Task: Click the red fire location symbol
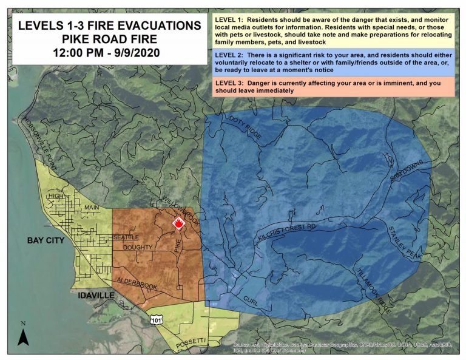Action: click(178, 223)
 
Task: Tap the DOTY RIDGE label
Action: click(246, 128)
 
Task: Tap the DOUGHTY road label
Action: click(137, 248)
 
